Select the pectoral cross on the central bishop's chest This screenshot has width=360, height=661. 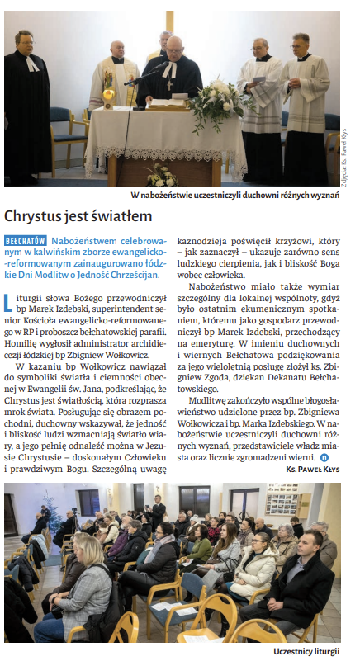coord(169,83)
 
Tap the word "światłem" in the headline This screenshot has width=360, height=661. coord(122,217)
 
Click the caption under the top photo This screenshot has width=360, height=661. coord(235,196)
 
